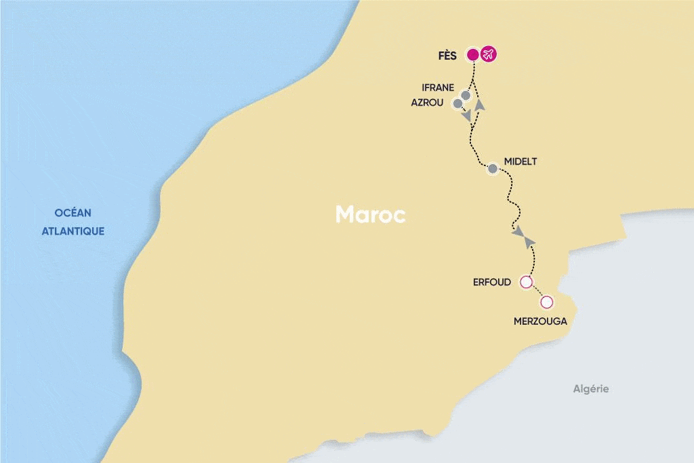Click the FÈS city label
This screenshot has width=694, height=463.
click(447, 56)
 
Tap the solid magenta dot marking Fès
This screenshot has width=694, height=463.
click(473, 54)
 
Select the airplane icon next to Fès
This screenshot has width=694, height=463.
click(488, 54)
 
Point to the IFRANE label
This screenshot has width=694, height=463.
click(438, 88)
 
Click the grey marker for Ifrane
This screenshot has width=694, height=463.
click(466, 96)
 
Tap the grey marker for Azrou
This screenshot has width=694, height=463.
click(457, 103)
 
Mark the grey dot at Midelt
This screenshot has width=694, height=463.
click(493, 168)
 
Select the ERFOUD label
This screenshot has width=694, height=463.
click(492, 282)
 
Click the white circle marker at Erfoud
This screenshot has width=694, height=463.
click(525, 282)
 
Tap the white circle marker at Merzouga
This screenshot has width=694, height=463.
click(546, 302)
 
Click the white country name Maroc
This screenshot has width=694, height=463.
click(371, 215)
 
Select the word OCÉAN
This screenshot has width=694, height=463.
click(73, 213)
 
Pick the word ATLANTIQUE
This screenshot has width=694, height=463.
click(73, 231)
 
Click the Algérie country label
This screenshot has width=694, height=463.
click(591, 388)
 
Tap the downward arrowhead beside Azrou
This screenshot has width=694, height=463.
click(467, 117)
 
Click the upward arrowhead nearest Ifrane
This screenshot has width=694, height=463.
click(480, 105)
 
